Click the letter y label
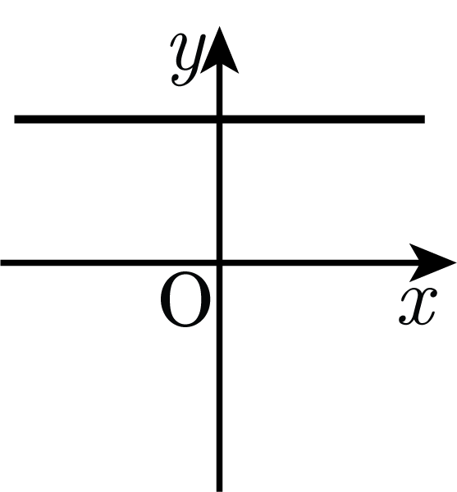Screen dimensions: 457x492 (187, 60)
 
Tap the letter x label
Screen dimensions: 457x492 (418, 307)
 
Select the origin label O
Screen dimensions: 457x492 (185, 299)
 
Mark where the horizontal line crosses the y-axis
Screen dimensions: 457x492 (220, 119)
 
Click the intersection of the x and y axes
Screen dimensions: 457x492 (220, 262)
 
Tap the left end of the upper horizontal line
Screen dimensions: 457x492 (15, 119)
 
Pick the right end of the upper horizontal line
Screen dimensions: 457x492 (425, 119)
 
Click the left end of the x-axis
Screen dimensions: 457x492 (1, 262)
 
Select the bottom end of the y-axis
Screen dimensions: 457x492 (220, 491)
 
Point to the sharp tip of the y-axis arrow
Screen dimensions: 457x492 (219, 27)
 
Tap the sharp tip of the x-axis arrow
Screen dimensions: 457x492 (455, 262)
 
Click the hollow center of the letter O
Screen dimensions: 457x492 (185, 299)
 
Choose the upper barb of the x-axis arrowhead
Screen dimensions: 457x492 (412, 246)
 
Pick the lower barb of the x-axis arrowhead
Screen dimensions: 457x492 (412, 279)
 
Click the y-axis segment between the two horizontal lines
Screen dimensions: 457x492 (220, 191)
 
